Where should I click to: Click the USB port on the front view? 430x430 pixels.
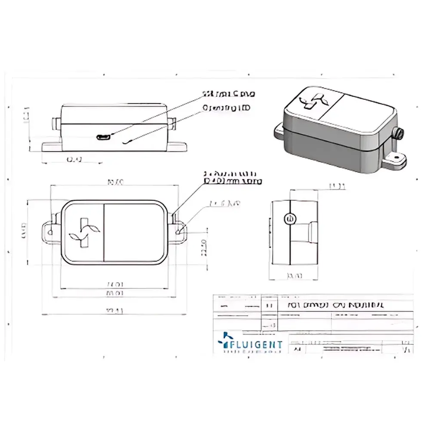103,137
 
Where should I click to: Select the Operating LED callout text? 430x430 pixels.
226,108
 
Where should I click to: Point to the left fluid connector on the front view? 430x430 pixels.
55,123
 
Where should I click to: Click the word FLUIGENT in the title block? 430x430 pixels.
258,344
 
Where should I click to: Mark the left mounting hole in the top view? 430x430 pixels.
51,232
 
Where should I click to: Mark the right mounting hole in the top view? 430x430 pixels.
178,232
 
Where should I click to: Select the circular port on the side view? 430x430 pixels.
289,219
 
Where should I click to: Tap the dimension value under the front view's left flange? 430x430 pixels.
74,160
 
